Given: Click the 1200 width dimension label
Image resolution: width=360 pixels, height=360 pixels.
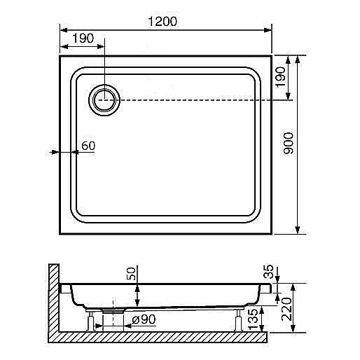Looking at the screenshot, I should [162, 21].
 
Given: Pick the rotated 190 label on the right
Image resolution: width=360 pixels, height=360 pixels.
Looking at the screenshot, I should [280, 76].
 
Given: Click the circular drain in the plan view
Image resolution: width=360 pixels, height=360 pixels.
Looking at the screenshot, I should [104, 101].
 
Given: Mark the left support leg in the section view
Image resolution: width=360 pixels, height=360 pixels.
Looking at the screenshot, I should [91, 322].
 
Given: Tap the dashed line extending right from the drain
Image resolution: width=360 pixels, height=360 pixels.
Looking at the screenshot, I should [203, 101].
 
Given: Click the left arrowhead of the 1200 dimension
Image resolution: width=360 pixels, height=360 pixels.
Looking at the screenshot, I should [61, 29].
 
